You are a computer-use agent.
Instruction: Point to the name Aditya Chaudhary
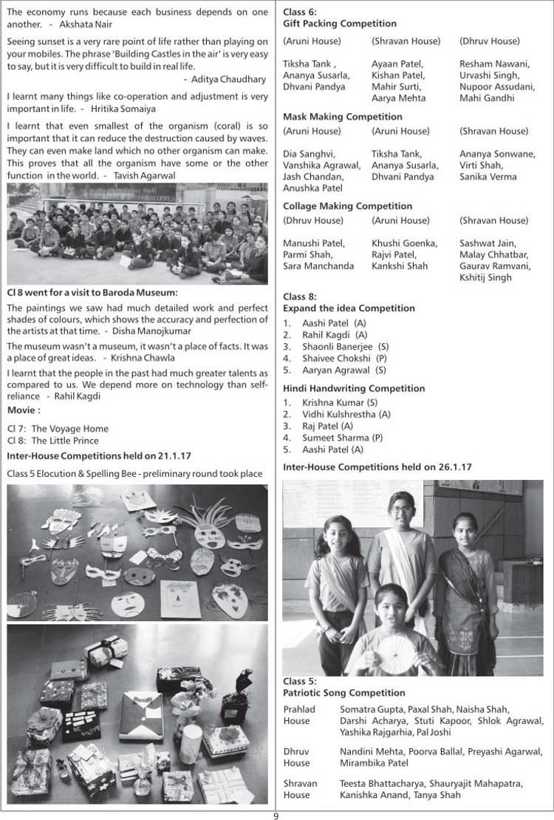[228, 79]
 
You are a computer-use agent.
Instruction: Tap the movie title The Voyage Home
[69, 428]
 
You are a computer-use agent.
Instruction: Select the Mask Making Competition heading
[343, 116]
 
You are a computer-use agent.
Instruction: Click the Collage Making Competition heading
[347, 206]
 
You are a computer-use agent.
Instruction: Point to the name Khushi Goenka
[405, 243]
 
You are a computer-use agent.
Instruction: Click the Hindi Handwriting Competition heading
[354, 388]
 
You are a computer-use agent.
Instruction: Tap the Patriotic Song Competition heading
[344, 693]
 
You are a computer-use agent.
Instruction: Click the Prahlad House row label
[298, 715]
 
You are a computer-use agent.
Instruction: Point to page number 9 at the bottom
[276, 816]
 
